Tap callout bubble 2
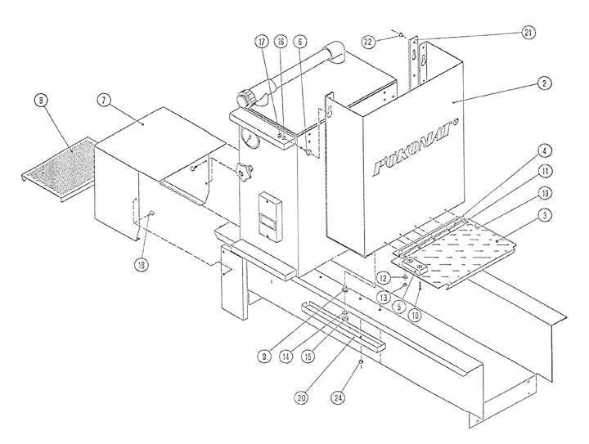(541, 83)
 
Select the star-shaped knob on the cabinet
(244, 173)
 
